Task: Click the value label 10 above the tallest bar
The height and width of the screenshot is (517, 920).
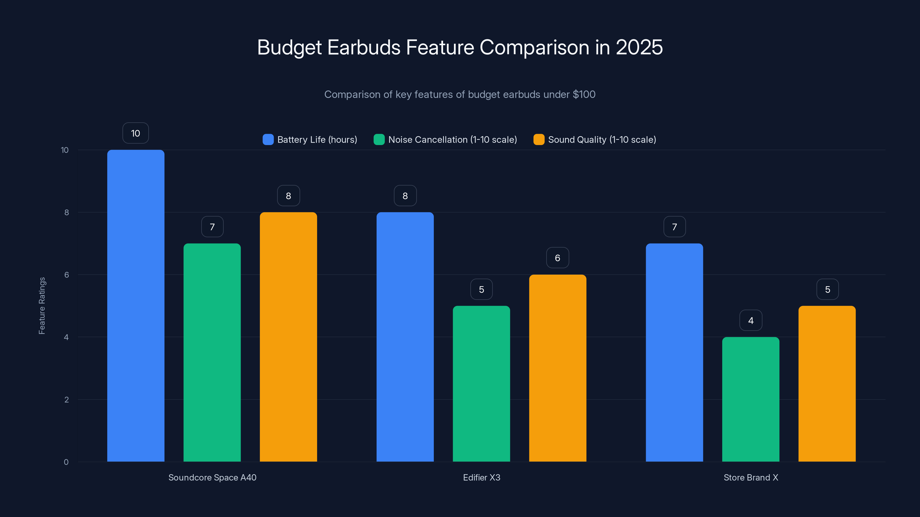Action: tap(135, 133)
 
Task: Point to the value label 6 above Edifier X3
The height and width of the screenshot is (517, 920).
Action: tap(557, 258)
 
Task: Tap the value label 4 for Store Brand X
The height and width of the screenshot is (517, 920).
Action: tap(751, 321)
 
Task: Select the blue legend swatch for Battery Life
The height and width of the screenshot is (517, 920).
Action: tap(268, 140)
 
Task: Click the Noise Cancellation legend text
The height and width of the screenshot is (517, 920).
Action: tap(453, 140)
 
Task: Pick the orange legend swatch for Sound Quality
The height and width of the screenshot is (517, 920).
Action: tap(538, 140)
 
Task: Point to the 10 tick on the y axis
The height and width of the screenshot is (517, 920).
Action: tap(65, 150)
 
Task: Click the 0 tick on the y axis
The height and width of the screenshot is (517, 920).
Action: tap(66, 462)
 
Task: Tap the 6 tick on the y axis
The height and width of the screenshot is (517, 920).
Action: tap(66, 275)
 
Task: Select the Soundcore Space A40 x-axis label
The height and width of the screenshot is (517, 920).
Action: tap(212, 477)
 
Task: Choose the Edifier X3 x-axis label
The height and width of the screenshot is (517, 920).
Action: tap(482, 477)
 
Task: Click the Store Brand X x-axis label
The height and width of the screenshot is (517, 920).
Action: tap(751, 477)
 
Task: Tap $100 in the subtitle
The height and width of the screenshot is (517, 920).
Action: tap(584, 94)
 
